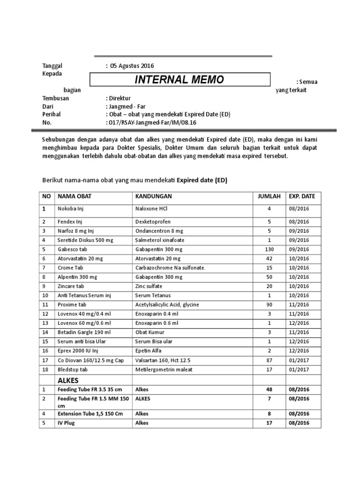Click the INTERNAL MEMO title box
[x=180, y=80]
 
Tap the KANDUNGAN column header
[x=153, y=196]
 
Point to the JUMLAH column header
[x=269, y=196]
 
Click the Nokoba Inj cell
[x=70, y=209]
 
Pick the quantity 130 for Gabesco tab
[x=269, y=249]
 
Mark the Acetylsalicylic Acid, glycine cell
[x=167, y=305]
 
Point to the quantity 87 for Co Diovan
[x=269, y=360]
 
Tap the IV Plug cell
[x=66, y=423]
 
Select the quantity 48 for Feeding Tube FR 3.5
[x=269, y=390]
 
